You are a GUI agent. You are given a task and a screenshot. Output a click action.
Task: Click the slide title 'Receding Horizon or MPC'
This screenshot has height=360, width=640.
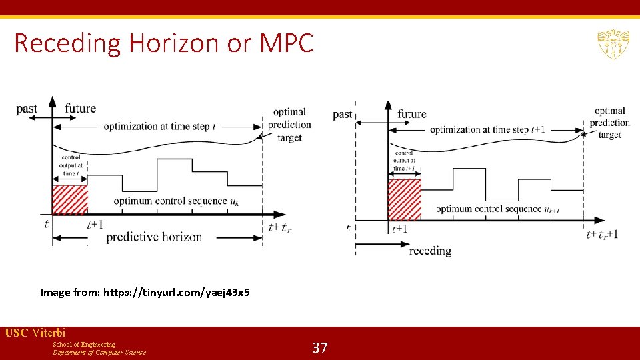click(163, 44)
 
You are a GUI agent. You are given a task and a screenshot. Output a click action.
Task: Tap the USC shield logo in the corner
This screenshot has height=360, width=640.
click(612, 44)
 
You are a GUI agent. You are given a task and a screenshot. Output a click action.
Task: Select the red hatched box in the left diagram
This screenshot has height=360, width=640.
click(70, 200)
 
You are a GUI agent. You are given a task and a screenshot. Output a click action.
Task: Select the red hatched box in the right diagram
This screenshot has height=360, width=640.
click(405, 199)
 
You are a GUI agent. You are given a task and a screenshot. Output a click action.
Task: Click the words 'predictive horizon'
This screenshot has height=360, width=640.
click(154, 237)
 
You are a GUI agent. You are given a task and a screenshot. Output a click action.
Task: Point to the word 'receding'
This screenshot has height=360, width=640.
click(430, 251)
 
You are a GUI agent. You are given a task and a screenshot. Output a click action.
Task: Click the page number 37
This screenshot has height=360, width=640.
click(320, 347)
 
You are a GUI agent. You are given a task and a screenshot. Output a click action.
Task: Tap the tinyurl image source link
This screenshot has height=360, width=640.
click(177, 292)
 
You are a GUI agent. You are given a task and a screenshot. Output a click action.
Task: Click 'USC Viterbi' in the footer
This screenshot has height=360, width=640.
click(35, 333)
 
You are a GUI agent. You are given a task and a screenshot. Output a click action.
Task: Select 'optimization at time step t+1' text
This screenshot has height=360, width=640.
click(487, 129)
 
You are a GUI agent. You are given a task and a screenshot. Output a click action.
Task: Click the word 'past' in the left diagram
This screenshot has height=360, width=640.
click(27, 109)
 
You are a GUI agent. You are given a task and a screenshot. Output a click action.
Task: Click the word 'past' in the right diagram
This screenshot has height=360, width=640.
click(343, 114)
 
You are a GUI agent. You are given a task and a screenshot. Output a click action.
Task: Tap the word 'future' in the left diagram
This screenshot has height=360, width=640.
click(81, 108)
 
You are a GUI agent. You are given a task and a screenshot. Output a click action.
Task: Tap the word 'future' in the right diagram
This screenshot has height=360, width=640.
click(411, 114)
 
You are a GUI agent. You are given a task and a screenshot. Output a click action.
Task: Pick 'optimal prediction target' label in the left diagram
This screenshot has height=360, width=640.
click(289, 124)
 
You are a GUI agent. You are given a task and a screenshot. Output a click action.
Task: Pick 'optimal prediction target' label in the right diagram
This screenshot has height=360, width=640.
click(609, 123)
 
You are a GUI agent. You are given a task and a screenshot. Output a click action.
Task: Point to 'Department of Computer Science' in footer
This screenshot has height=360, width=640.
click(99, 352)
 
